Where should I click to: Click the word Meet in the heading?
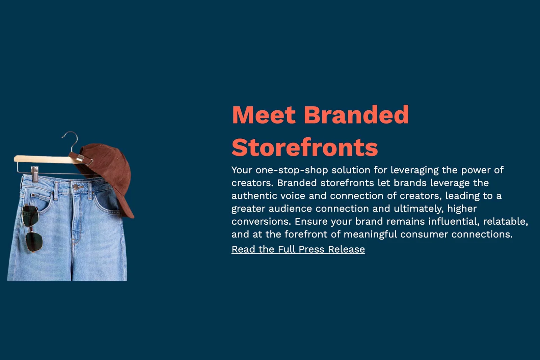coord(264,115)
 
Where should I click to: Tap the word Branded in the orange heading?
coord(356,115)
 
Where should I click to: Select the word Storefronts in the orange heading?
coord(305,147)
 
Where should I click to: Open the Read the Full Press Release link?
coord(298,249)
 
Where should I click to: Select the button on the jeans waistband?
coord(76,187)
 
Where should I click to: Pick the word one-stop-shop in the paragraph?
coord(292,170)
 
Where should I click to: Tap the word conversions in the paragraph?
coord(261,221)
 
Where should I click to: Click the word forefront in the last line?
coord(306,234)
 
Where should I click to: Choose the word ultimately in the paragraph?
coord(418,209)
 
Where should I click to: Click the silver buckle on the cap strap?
coord(80,158)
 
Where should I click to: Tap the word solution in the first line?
coord(351,170)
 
